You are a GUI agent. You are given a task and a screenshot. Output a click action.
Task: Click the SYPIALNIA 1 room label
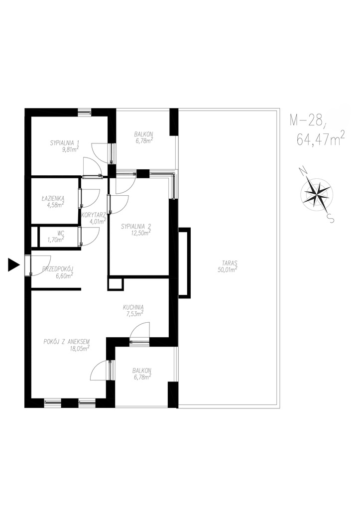coord(65,142)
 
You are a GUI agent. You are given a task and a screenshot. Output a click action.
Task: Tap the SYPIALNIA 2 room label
coord(136,227)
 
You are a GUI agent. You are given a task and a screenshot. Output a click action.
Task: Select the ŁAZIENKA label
coord(53,197)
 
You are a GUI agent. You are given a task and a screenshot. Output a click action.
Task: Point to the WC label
coord(61,233)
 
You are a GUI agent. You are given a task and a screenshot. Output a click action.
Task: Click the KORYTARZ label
coord(93,215)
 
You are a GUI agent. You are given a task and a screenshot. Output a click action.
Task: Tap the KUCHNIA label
coord(133,307)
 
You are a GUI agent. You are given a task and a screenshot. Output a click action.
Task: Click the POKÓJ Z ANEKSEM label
coord(66,342)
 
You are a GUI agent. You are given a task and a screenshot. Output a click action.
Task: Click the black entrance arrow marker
coord(13,264)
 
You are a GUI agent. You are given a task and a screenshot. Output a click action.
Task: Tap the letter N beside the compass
coord(303,171)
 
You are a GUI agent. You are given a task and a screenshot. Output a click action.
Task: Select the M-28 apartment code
coord(308,121)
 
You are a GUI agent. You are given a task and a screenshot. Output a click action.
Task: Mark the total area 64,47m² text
coord(321,140)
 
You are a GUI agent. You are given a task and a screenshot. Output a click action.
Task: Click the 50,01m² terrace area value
coord(228,269)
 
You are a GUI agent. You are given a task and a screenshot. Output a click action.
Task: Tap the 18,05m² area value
coord(80,348)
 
